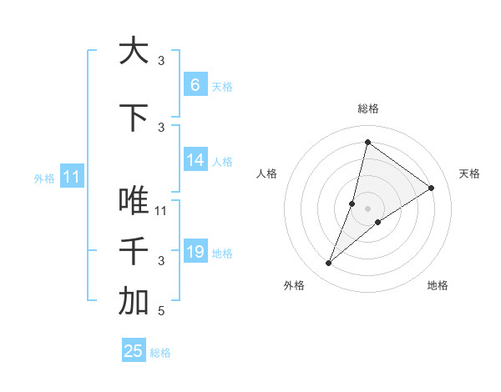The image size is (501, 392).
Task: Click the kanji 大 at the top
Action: tap(134, 50)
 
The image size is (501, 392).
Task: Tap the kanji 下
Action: tap(134, 118)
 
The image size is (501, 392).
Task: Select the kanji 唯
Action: tap(134, 201)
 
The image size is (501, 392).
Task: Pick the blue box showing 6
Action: tap(195, 84)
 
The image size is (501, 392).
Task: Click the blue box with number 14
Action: tap(195, 160)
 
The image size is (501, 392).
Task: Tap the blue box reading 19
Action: tap(195, 252)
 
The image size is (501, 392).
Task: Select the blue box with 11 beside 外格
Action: tap(72, 176)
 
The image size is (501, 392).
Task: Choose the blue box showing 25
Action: tap(134, 351)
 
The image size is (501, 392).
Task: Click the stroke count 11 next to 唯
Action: tap(161, 210)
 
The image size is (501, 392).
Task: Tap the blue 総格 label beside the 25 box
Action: tap(160, 353)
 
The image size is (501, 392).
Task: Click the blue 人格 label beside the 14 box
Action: tap(222, 162)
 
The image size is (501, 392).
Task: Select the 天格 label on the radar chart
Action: tap(469, 173)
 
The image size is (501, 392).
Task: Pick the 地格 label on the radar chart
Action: tap(438, 285)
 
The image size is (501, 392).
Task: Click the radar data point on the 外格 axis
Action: tap(328, 264)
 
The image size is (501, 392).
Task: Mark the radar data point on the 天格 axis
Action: tap(432, 188)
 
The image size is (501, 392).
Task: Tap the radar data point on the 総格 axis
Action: tap(367, 142)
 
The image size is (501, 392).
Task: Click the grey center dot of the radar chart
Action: tap(367, 209)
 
